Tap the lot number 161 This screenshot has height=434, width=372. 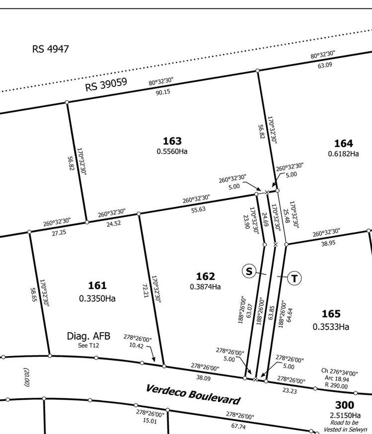click(97, 286)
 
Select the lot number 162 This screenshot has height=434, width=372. click(205, 277)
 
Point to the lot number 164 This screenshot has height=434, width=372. click(343, 144)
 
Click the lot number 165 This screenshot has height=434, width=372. click(331, 314)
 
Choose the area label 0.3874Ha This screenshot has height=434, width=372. click(205, 287)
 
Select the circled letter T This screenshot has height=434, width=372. click(295, 278)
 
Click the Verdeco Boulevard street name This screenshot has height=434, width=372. click(193, 394)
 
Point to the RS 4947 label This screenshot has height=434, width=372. click(50, 49)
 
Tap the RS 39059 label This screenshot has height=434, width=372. click(107, 84)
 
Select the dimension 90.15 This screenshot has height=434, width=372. click(163, 92)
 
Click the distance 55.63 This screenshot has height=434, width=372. click(199, 210)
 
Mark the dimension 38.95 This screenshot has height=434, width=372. click(329, 243)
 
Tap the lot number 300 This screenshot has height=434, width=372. click(345, 405)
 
